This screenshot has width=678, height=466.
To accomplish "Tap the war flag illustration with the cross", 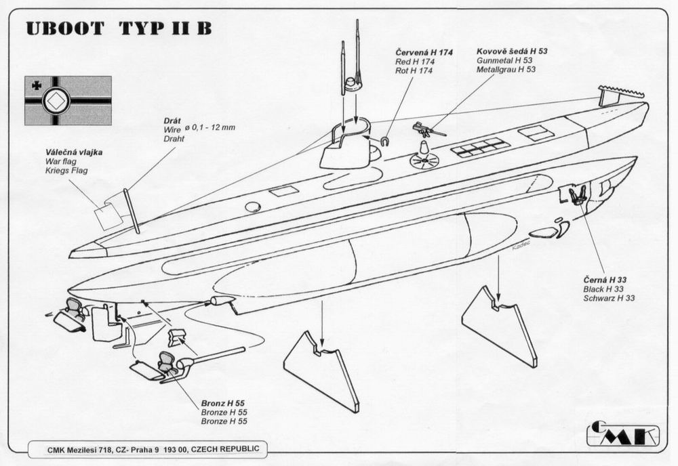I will (x=68, y=100).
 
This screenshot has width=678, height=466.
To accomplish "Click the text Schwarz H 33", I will (x=608, y=298).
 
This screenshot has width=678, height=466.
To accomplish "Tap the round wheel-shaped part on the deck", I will (x=424, y=161).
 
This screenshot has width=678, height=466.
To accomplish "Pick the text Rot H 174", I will (x=415, y=70).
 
